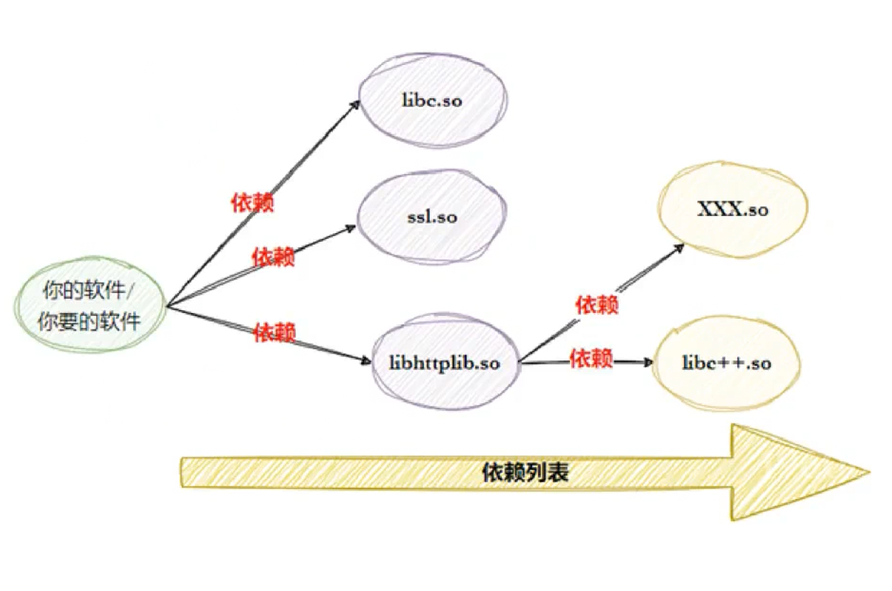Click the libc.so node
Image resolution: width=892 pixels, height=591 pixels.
tap(432, 101)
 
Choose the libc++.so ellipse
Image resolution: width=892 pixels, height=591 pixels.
tap(726, 363)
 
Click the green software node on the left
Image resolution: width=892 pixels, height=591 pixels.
tap(90, 307)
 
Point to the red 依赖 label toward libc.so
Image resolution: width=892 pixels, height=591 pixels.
tap(252, 202)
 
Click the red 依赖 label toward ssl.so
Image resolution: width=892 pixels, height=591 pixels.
tap(274, 257)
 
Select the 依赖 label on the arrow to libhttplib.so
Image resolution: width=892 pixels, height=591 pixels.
tap(274, 332)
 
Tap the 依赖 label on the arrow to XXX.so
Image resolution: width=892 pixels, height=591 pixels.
tap(596, 305)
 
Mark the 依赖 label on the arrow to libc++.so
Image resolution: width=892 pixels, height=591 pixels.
tap(591, 359)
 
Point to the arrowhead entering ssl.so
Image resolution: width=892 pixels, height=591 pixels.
tap(351, 228)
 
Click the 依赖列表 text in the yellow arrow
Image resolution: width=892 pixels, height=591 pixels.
tap(526, 473)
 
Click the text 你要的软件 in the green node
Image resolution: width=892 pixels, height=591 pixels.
tap(90, 322)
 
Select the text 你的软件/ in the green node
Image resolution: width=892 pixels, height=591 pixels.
tap(90, 292)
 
